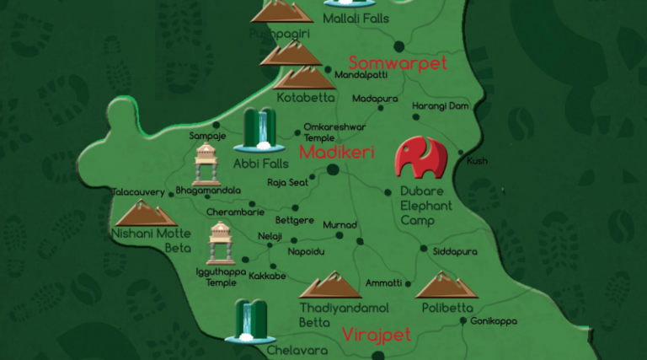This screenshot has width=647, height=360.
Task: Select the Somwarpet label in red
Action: [397, 63]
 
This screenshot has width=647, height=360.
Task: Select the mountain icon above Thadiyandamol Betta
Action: [331, 285]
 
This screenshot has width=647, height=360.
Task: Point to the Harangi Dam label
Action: [439, 106]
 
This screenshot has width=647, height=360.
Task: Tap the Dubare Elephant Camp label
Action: [425, 206]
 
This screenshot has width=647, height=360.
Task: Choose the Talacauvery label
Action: [138, 192]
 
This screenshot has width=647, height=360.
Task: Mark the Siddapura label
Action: [454, 251]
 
